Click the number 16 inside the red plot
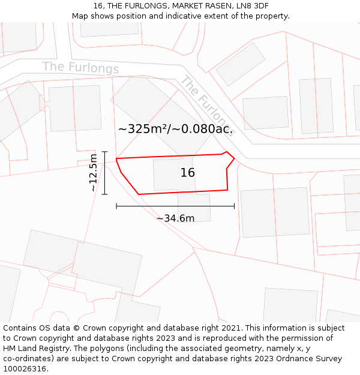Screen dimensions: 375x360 pyautogui.click(x=188, y=173)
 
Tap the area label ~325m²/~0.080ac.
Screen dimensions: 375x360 pyautogui.click(x=175, y=128)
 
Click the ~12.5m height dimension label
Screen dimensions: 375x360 pyautogui.click(x=92, y=173)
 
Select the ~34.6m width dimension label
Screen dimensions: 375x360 pyautogui.click(x=175, y=218)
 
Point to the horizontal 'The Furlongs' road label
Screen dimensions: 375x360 pyautogui.click(x=80, y=67)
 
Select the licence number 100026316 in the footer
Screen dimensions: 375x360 pyautogui.click(x=25, y=369)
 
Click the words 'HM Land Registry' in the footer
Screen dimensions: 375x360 pyautogui.click(x=37, y=349)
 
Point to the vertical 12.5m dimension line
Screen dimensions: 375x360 pyautogui.click(x=105, y=173)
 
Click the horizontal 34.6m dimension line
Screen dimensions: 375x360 pyautogui.click(x=175, y=206)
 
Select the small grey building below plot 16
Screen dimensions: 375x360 pyautogui.click(x=194, y=207)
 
